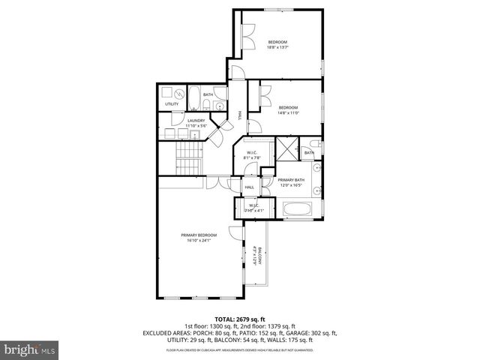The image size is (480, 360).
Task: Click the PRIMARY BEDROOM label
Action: (199, 235)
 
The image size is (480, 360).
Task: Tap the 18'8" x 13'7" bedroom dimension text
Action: (277, 48)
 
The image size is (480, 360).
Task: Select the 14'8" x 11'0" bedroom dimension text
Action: (289, 113)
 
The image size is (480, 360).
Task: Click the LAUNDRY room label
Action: (196, 120)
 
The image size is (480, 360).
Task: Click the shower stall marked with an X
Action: (286, 147)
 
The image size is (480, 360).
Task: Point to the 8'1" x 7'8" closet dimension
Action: (251, 157)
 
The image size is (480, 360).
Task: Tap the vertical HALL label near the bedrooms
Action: (240, 115)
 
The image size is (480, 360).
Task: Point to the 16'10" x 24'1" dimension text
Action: (199, 240)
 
